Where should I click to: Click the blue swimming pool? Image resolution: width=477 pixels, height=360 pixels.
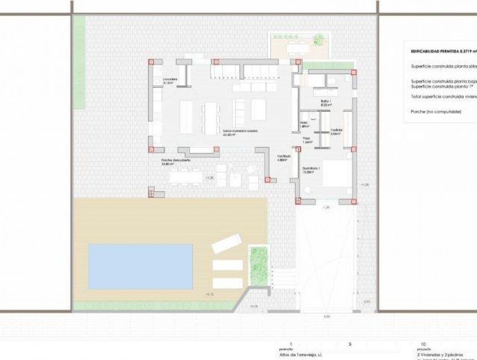[141, 267]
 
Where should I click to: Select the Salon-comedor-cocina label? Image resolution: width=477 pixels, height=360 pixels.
[240, 131]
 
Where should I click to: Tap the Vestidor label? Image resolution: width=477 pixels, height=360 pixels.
[336, 130]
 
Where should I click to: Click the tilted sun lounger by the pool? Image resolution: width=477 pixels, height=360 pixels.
[226, 244]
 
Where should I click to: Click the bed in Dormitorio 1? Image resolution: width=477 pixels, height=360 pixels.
[337, 173]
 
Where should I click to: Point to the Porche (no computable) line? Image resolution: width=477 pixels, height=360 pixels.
[436, 112]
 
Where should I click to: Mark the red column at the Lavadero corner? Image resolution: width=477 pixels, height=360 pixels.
[151, 62]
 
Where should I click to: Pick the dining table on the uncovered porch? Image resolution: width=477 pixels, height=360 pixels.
[186, 177]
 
